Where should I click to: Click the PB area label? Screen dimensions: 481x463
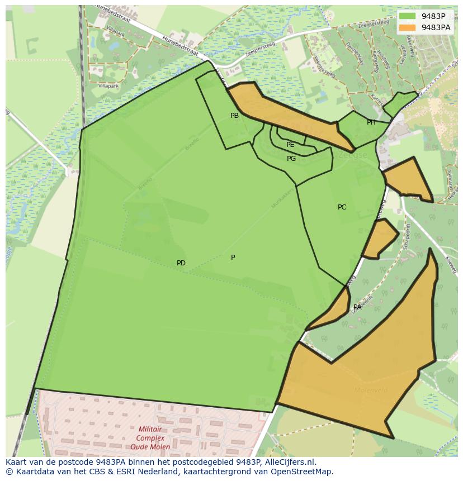(234, 116)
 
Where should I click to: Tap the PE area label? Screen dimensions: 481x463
(290, 145)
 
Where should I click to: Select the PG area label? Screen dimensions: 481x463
(291, 159)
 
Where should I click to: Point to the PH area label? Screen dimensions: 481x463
(371, 122)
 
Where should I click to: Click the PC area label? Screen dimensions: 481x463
(342, 207)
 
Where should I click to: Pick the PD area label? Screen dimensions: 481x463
(181, 263)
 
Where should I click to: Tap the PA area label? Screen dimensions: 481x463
(357, 307)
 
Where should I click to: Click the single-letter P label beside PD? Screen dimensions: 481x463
(233, 258)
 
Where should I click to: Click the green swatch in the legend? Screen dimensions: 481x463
(408, 16)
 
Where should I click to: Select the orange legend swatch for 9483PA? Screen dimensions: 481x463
(408, 27)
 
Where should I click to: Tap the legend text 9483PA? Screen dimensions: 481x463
(436, 27)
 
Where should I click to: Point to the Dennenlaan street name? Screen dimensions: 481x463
(355, 54)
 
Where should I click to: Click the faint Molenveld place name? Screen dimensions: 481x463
(370, 389)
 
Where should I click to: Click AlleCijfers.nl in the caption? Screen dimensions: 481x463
(289, 462)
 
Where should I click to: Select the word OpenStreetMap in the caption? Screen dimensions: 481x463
(303, 472)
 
